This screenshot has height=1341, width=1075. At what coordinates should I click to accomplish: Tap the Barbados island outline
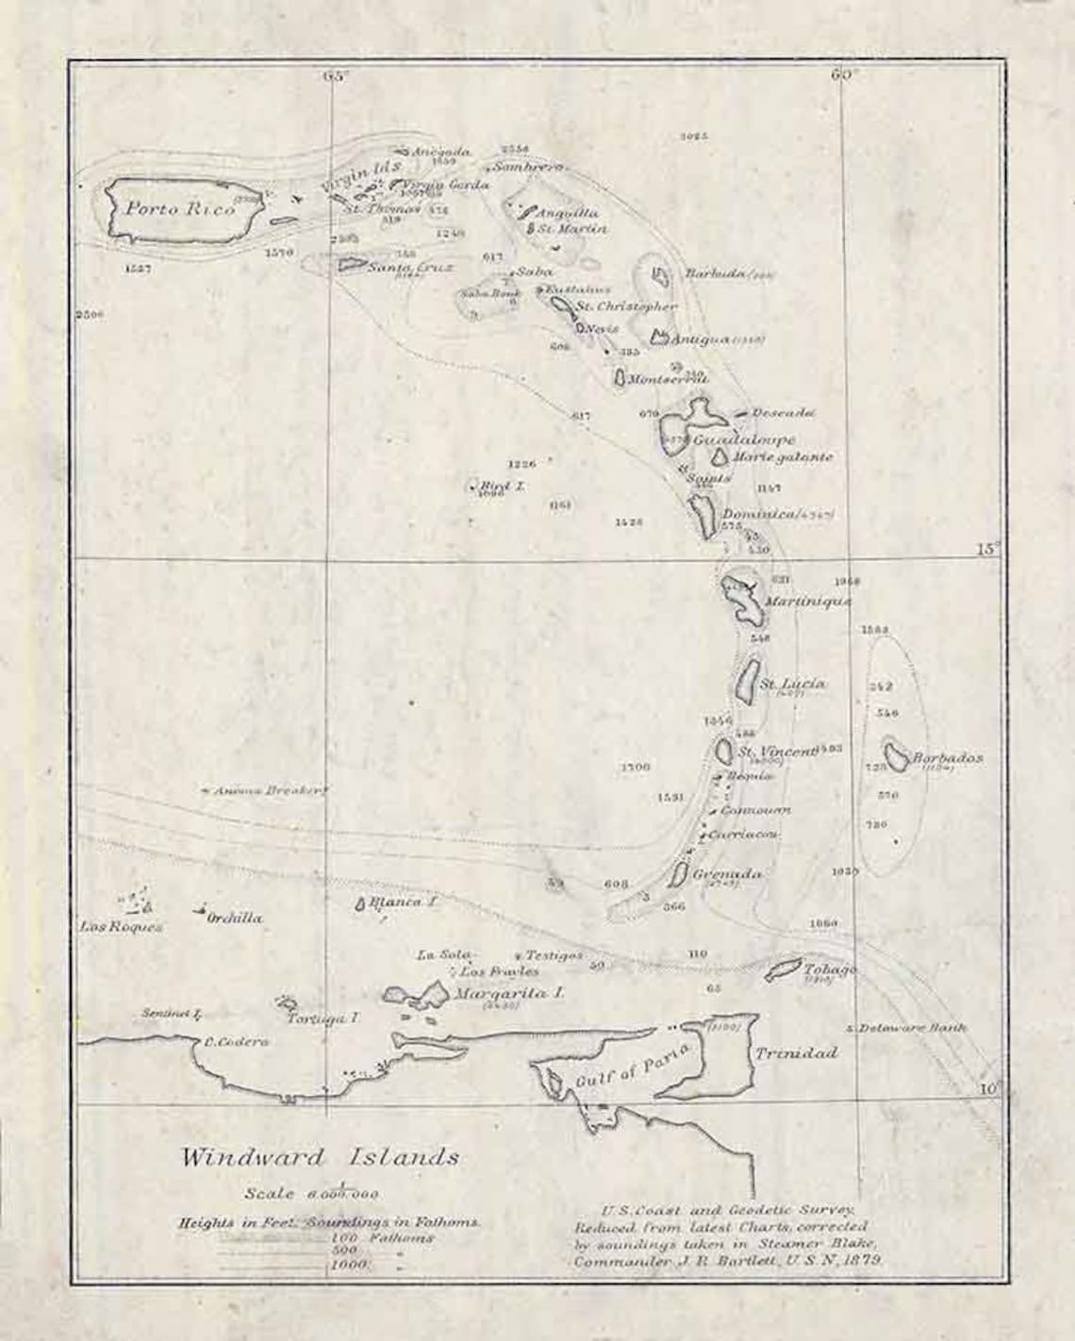(896, 756)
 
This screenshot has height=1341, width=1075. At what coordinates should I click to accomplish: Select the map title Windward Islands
(321, 1156)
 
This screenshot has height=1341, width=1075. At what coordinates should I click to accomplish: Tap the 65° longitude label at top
(335, 76)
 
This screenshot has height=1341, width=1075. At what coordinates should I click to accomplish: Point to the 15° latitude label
(986, 548)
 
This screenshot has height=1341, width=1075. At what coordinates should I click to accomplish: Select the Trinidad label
(795, 1052)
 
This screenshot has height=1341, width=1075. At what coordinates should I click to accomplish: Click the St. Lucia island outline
(747, 679)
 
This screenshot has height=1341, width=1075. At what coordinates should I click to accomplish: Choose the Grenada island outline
(677, 874)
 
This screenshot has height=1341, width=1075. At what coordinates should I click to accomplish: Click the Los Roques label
(122, 926)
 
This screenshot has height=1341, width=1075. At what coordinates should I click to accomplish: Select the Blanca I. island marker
(359, 903)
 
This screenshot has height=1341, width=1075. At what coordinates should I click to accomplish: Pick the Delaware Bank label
(912, 1028)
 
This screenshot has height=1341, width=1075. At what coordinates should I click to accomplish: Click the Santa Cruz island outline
(352, 265)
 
